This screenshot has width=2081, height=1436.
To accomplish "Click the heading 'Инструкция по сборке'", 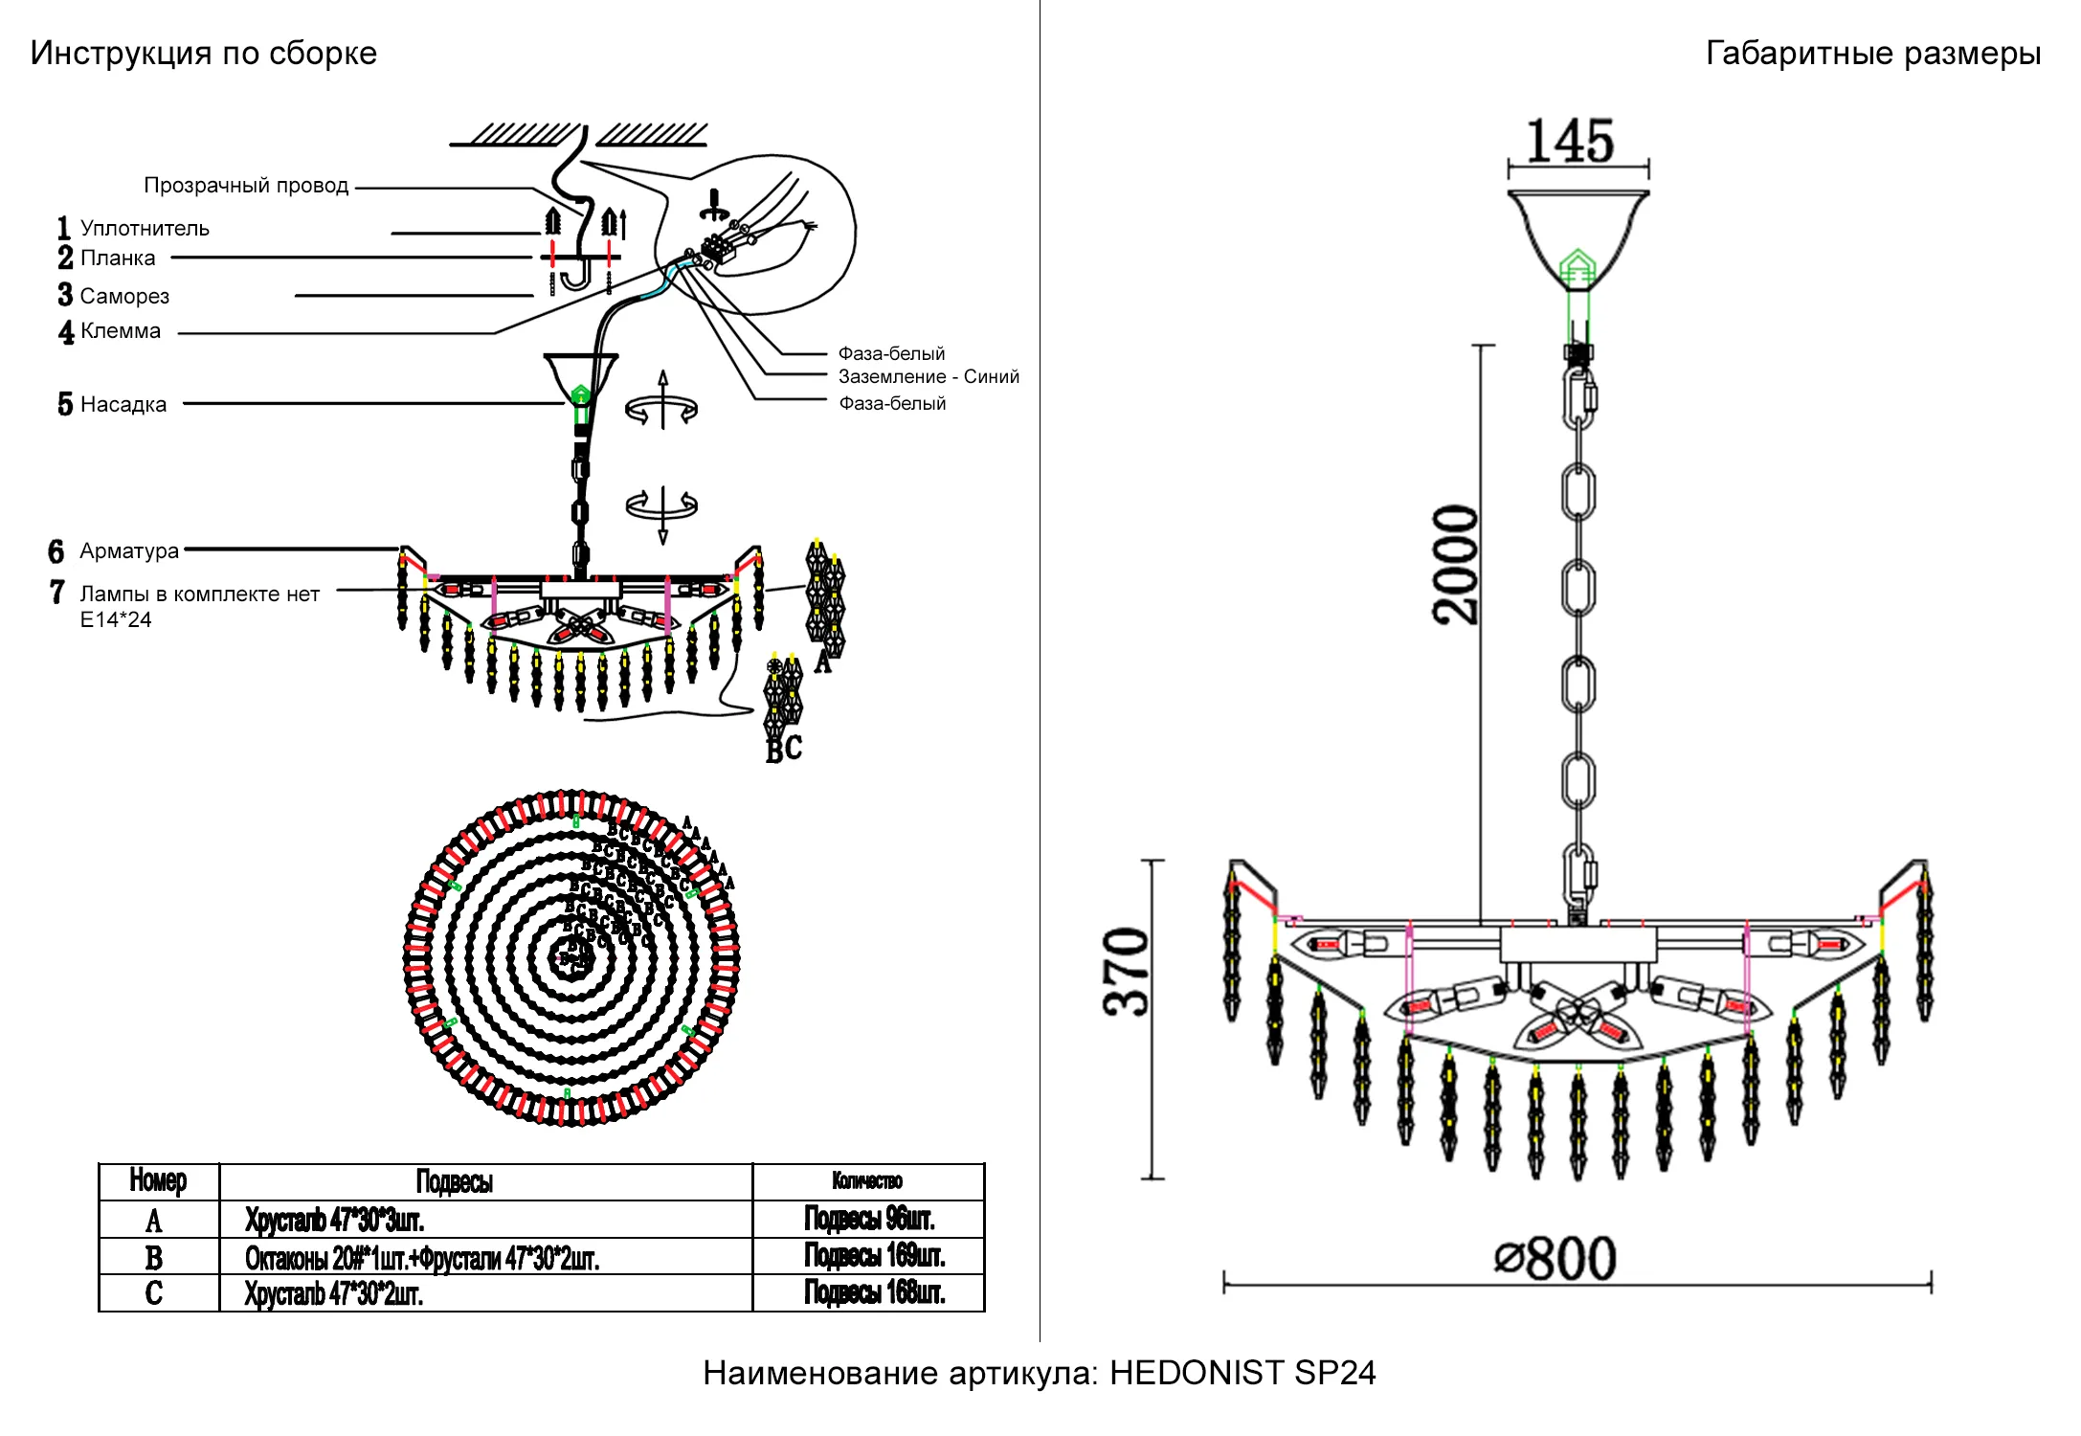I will pos(203,54).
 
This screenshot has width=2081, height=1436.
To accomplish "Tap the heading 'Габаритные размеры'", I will pos(1872,54).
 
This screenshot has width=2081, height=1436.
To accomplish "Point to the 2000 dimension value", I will pos(1456,564).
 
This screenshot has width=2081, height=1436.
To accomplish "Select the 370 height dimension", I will pos(1126,972).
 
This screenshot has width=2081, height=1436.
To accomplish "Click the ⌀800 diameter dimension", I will pos(1556,1259).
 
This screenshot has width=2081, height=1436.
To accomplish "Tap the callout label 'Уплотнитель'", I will pos(145,229).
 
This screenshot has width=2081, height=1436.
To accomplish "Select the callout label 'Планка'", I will pos(118,258).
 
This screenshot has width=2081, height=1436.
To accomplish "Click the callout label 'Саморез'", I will pos(124,297).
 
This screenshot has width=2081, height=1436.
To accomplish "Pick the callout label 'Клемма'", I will pos(121,331).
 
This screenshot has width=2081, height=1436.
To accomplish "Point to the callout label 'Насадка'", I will pos(123,405).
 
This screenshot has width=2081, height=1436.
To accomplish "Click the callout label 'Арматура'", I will pos(129,551).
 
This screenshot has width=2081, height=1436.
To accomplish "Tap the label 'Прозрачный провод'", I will pos(246,186).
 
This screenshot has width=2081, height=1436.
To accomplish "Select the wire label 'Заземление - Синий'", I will pos(929,377).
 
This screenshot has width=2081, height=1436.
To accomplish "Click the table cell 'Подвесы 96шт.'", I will pos(869,1219).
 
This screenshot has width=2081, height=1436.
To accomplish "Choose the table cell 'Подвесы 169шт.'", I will pos(874,1255).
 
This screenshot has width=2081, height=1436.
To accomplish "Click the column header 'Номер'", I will pos(158,1181).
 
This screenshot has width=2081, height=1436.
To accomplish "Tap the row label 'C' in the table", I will pos(154,1293).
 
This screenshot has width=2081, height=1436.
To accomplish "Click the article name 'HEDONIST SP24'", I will pos(1242,1373).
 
